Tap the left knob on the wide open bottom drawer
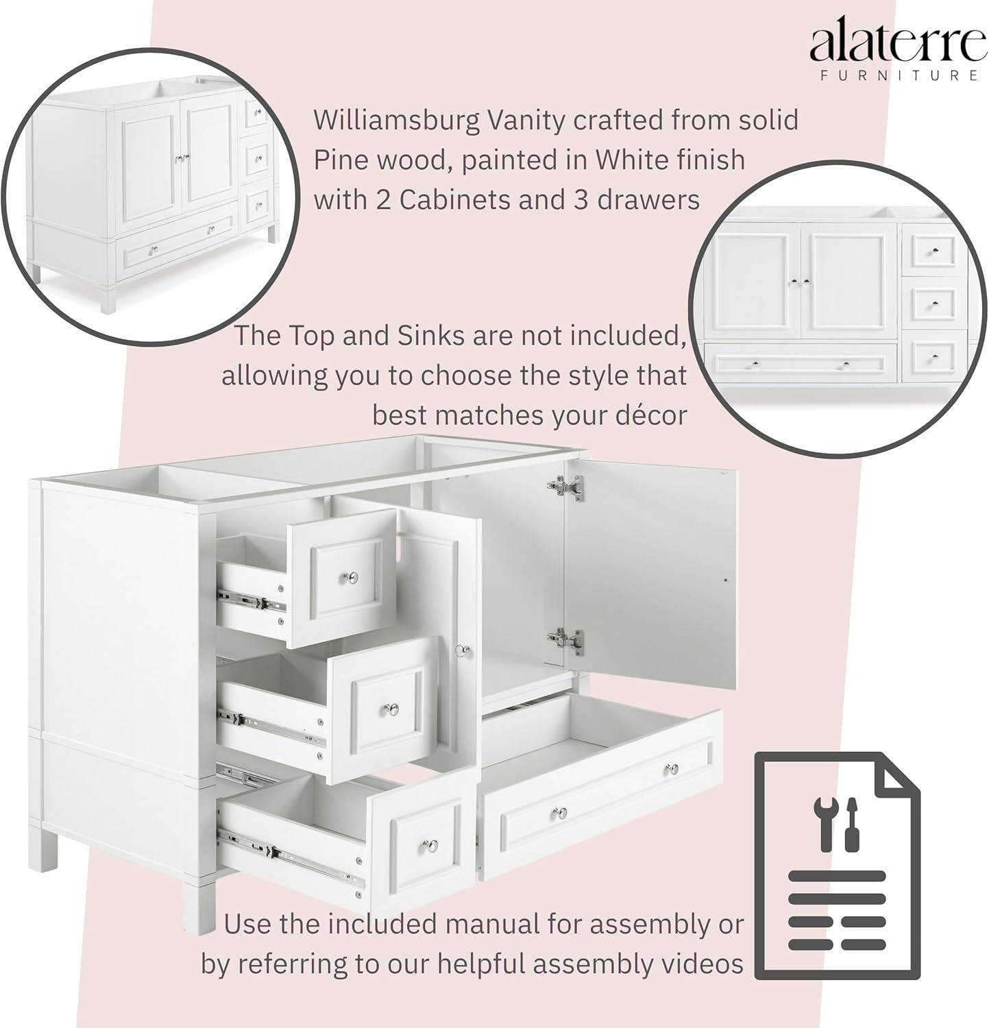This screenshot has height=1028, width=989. [561, 813]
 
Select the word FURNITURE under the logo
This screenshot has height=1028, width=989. [899, 75]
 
